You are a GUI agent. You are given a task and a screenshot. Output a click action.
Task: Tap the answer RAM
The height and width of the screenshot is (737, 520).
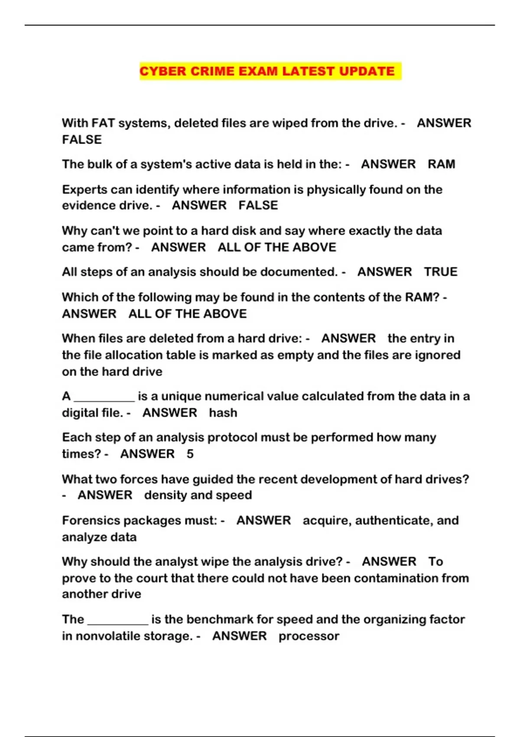(441, 164)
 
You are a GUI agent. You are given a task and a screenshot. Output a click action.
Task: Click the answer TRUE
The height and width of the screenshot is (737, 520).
(440, 272)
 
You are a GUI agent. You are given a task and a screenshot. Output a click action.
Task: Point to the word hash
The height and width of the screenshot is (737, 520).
(223, 413)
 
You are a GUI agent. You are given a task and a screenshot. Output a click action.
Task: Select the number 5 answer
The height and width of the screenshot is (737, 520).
(190, 454)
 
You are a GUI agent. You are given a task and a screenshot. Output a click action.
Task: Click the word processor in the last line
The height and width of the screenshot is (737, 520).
(309, 636)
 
